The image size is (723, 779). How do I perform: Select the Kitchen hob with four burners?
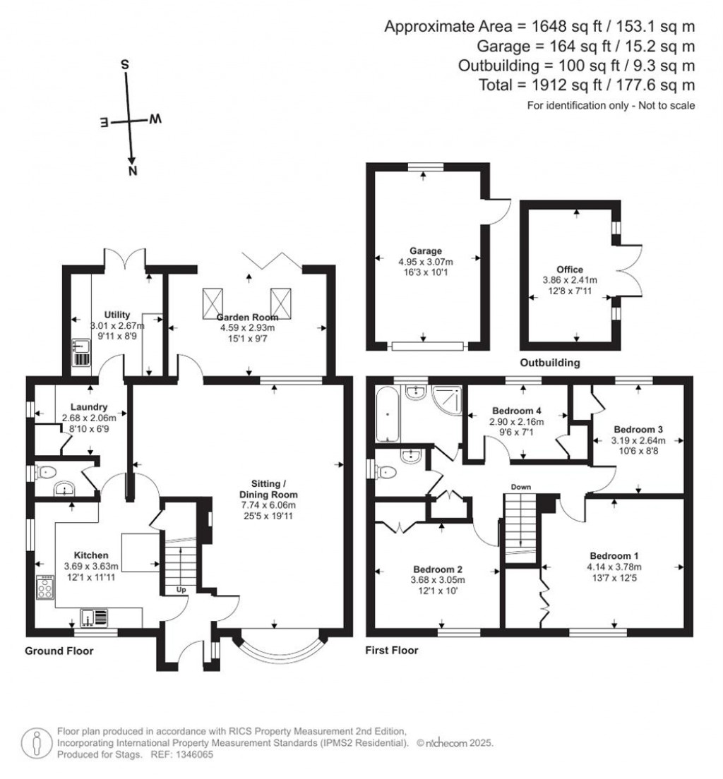pyautogui.click(x=46, y=588)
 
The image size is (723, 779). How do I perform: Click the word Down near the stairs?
pyautogui.click(x=521, y=487)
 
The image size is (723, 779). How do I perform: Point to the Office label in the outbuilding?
pyautogui.click(x=569, y=270)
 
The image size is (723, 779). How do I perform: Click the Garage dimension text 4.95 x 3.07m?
pyautogui.click(x=426, y=261)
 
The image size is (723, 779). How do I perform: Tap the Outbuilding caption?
pyautogui.click(x=550, y=363)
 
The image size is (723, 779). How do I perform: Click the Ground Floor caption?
pyautogui.click(x=59, y=650)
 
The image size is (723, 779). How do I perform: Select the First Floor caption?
pyautogui.click(x=392, y=650)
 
